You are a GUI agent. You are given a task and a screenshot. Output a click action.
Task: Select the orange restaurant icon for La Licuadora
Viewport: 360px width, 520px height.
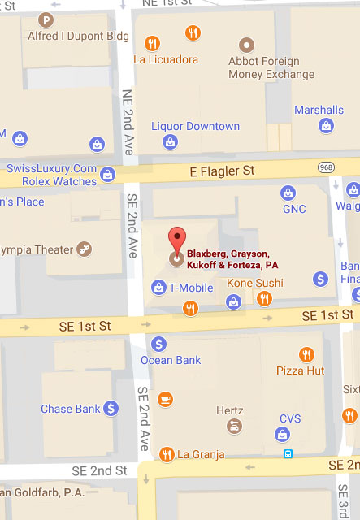pos(151,42)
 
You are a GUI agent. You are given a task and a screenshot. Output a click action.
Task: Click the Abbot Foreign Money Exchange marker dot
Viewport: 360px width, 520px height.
pos(246,43)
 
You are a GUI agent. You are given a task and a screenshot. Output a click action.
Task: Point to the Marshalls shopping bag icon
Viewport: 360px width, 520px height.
pos(326,125)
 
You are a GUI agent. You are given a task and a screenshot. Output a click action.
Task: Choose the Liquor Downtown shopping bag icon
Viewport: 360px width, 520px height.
pos(170,142)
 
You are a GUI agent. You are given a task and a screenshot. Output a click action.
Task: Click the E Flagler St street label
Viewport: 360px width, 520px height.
pos(223,171)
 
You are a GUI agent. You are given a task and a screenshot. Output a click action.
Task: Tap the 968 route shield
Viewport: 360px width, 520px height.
pos(326,167)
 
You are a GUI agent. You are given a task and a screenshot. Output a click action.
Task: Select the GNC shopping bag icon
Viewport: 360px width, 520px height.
pos(287,193)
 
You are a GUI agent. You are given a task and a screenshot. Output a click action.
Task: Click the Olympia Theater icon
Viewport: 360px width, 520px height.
pos(84,249)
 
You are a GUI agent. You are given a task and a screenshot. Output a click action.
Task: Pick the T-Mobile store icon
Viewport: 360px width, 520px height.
pos(158,286)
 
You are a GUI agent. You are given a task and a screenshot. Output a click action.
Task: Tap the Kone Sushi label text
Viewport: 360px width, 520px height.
pos(254,283)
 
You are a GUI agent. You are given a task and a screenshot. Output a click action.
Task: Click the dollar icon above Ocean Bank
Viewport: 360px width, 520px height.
pos(158,344)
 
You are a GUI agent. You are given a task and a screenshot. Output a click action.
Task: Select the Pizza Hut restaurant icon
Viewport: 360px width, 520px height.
pos(306,354)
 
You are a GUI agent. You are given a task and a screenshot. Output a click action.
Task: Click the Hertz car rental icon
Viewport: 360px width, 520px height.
pos(234,427)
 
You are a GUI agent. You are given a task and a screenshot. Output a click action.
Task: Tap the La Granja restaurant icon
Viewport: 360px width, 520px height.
pos(167,454)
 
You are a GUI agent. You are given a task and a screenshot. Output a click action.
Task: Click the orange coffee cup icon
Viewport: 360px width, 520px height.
pos(165,398)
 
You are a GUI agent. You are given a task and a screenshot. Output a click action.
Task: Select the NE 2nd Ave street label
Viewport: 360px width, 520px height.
pos(128,122)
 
